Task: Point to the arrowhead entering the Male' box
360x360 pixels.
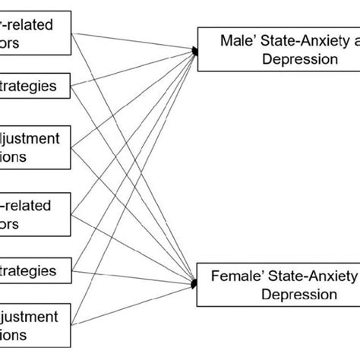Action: point(195,51)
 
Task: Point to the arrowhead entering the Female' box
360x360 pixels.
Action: point(195,282)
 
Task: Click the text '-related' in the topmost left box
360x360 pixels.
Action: point(50,25)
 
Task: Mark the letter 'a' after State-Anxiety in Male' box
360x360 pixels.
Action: point(355,41)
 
